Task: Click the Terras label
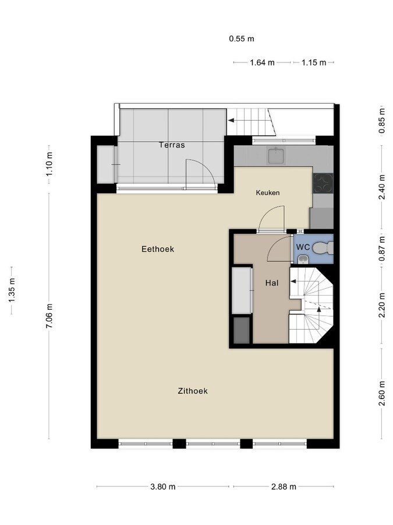click(172, 145)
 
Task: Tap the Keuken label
click(268, 193)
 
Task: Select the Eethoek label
click(158, 249)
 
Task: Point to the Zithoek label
click(193, 391)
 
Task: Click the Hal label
click(272, 283)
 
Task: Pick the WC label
click(303, 247)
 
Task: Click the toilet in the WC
click(323, 249)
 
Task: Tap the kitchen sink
click(275, 156)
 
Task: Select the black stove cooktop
click(323, 184)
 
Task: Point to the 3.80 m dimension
click(162, 487)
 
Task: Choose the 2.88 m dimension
click(284, 487)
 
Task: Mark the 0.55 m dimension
click(242, 39)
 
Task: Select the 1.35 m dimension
click(12, 290)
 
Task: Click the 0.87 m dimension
click(382, 247)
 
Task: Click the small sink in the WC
click(301, 260)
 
